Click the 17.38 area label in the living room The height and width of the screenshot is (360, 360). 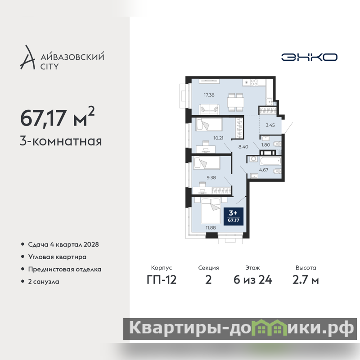(209, 95)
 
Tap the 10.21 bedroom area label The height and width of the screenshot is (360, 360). (218, 138)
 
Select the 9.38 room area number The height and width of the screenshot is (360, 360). (211, 177)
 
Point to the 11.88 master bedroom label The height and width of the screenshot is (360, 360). (211, 228)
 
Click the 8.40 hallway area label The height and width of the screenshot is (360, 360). (243, 147)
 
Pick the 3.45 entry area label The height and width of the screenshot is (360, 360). (270, 125)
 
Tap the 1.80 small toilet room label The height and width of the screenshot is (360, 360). (265, 145)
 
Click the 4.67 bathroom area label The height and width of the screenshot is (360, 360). (264, 170)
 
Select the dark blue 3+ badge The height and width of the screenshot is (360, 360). (234, 216)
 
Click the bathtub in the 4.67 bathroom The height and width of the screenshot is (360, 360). (270, 161)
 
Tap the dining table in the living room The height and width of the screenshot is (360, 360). (236, 102)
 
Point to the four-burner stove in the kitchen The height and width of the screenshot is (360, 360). (254, 82)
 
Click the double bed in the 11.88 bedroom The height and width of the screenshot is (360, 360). (211, 211)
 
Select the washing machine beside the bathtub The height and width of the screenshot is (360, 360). (254, 159)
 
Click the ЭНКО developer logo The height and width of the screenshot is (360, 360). (309, 57)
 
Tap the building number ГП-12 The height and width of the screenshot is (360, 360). (162, 280)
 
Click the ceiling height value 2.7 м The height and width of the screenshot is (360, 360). (306, 280)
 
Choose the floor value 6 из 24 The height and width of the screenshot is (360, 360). (253, 280)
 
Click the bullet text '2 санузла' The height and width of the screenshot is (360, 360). (44, 282)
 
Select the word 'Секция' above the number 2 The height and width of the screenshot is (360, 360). (208, 268)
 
